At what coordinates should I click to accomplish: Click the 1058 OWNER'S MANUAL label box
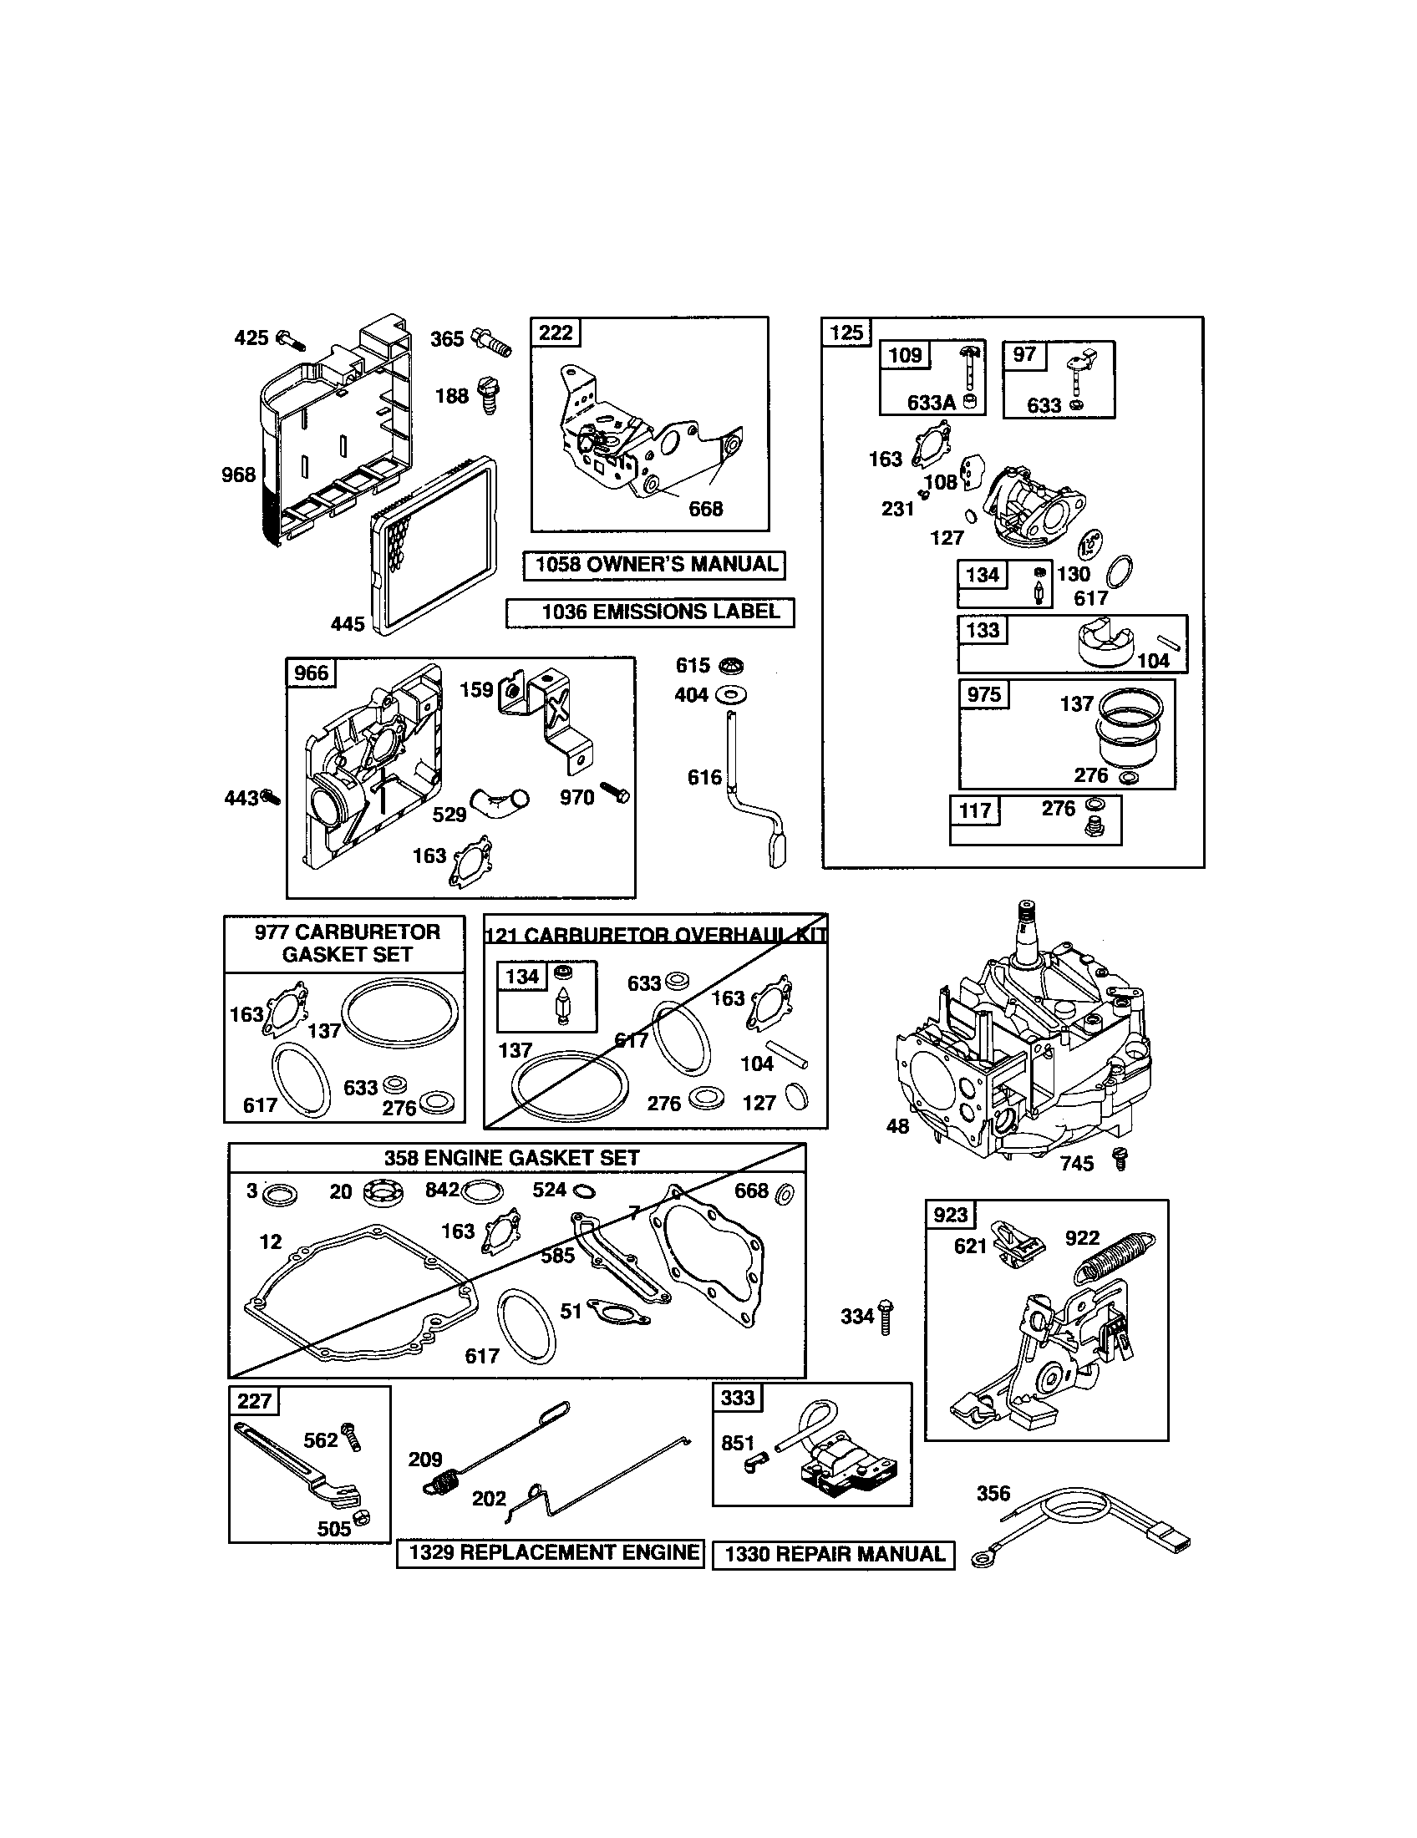point(654,565)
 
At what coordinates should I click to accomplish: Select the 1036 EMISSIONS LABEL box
point(650,612)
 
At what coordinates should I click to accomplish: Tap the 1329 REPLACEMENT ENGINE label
point(551,1553)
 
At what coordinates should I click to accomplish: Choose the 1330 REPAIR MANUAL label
point(833,1555)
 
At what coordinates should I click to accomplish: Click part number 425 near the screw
point(251,338)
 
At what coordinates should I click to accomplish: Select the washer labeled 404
point(731,695)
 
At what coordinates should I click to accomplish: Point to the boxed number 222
point(556,333)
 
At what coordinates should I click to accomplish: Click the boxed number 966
point(311,673)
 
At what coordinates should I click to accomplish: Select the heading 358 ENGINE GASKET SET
point(511,1158)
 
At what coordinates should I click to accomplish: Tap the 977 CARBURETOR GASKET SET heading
point(346,943)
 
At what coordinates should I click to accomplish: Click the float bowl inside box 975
point(1128,725)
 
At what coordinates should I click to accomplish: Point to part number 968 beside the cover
point(238,475)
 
